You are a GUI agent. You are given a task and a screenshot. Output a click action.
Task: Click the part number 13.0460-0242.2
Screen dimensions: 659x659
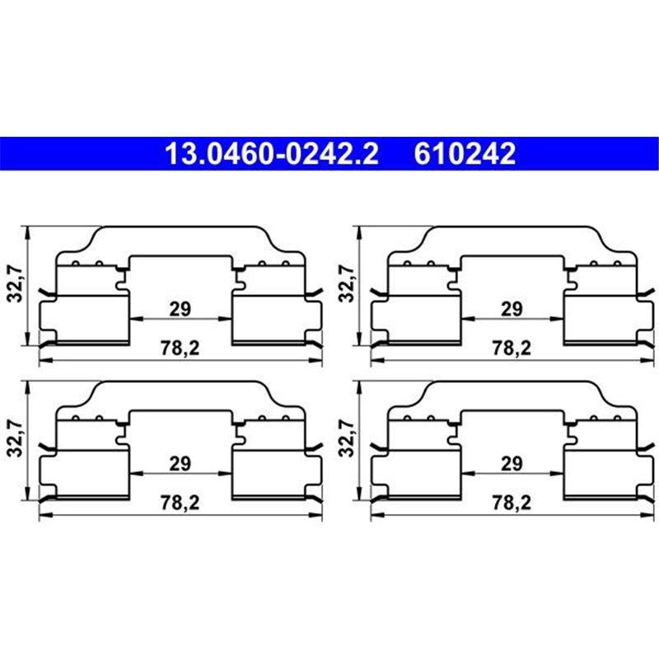click(272, 154)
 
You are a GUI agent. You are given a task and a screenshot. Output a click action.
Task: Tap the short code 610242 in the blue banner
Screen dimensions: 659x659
click(467, 154)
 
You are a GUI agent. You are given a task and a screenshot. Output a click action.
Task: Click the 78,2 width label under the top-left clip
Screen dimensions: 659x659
click(181, 348)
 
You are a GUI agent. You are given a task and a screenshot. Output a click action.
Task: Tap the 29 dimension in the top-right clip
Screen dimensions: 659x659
click(512, 309)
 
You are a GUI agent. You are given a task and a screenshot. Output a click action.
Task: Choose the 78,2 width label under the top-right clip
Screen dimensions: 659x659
click(512, 348)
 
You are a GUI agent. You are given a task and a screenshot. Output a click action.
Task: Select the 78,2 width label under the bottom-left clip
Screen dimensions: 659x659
click(181, 503)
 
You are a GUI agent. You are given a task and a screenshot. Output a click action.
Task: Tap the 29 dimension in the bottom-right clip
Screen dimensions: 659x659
click(512, 464)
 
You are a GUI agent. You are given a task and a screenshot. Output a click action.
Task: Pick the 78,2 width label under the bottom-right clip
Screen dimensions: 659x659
click(512, 503)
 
